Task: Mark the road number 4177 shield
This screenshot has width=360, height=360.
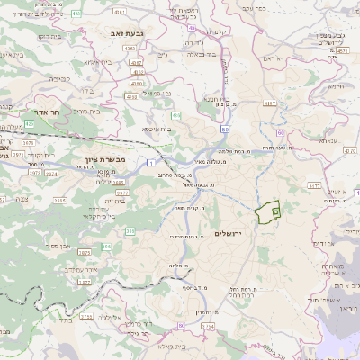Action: click(316, 186)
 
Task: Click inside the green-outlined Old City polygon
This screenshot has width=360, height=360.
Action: click(266, 213)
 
